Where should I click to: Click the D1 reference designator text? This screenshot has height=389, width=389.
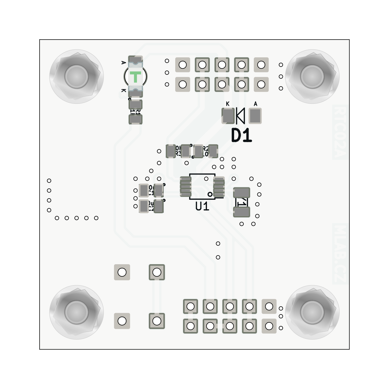242,135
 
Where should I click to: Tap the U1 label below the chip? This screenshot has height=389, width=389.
202,207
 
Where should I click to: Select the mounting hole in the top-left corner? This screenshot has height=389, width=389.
76,76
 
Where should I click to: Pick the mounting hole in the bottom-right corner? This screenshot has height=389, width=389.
312,312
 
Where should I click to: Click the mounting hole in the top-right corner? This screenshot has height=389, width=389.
312,76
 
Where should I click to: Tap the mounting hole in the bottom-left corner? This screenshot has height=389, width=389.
76,312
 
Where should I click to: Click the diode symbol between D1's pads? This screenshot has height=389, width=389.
241,116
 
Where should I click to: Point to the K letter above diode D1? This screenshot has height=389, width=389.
228,104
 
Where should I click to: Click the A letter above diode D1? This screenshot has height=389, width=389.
255,104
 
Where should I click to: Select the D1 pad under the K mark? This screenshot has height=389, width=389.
228,116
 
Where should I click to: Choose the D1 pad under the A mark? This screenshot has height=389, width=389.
255,116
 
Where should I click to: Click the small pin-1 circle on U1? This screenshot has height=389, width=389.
210,194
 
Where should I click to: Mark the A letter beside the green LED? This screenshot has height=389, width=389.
123,62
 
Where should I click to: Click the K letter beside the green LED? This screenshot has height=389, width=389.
123,90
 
